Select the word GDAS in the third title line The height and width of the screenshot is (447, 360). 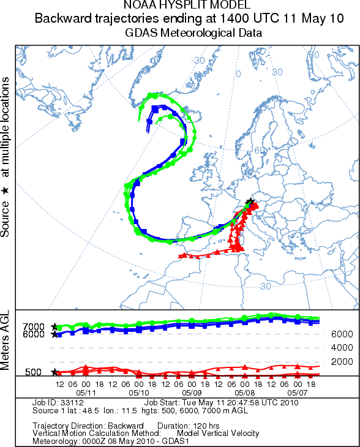point(141,33)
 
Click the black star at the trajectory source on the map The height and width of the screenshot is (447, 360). point(250,201)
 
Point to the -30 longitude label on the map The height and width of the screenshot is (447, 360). point(198,61)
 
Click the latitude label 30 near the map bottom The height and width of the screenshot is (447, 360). point(265,286)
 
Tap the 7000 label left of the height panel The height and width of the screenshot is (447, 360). point(33,326)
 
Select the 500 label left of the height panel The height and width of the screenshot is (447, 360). point(33,372)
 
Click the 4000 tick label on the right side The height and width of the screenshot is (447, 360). point(342,348)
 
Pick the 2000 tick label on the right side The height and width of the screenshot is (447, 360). point(342,362)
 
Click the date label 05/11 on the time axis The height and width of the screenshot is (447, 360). point(86,393)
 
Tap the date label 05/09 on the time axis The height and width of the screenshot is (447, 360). point(192,393)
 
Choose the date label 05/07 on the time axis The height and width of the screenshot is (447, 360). point(298,393)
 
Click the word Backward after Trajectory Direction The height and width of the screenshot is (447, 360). point(126,426)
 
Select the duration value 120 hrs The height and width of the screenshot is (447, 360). point(206,426)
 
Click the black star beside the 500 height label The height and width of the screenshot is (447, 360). point(54,372)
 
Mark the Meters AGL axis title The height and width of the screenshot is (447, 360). point(5,340)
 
